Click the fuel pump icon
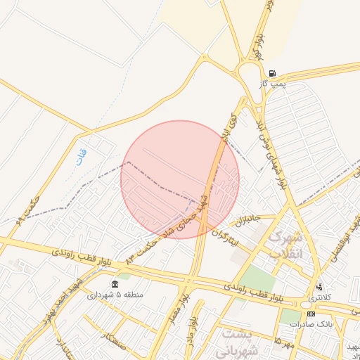tap(272, 73)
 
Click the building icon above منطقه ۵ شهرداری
tap(115, 284)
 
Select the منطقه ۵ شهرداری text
tap(115, 295)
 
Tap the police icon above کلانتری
tap(320, 287)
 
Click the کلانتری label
tap(319, 298)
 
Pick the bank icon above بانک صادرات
tap(311, 314)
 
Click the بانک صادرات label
tap(314, 324)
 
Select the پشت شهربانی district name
tap(239, 340)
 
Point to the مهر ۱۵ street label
tap(283, 342)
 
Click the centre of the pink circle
tap(180, 179)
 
